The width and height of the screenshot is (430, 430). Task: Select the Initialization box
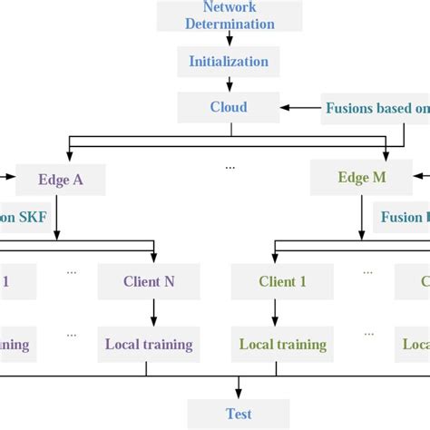[229, 62]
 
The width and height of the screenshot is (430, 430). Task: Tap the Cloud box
[229, 107]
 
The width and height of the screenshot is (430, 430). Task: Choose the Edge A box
[61, 179]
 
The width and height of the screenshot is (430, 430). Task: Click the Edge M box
[361, 178]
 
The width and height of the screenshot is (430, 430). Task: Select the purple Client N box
[149, 281]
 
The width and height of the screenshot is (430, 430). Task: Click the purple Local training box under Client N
[149, 345]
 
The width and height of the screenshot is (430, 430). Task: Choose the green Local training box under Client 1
[282, 345]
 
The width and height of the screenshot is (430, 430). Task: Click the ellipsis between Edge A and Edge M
[230, 167]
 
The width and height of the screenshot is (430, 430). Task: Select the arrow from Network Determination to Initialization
[230, 38]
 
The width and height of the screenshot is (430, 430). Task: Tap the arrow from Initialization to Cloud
[230, 84]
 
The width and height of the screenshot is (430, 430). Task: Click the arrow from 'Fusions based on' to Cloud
[301, 108]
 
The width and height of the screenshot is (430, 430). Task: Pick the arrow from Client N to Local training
[152, 313]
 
